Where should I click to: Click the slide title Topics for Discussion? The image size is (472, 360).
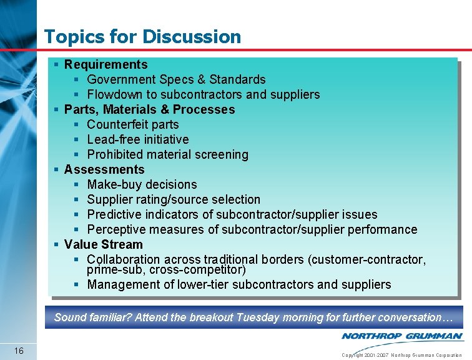pos(142,36)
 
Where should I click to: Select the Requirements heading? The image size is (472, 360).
pos(106,64)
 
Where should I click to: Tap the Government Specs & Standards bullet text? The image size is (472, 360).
pos(176,79)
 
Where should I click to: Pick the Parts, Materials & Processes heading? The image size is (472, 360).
pos(149,109)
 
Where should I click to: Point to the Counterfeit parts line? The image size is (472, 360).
pos(132,124)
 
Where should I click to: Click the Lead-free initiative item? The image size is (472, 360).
pos(137,139)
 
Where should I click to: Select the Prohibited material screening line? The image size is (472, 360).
pos(167,154)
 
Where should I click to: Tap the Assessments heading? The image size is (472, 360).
pos(104,169)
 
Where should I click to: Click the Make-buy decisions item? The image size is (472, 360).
pos(142,184)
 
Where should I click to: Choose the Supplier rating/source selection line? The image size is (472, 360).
pos(174,199)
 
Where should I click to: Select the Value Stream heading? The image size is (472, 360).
pos(103,244)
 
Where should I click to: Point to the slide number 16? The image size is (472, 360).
pos(19,351)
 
